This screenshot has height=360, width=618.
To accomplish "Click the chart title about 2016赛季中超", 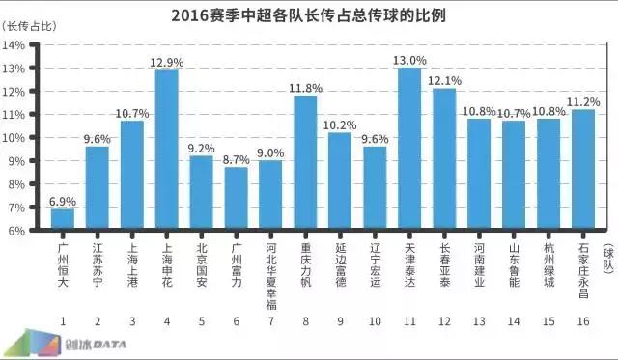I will pos(308,15).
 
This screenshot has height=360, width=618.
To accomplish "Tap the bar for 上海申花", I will pos(166,150).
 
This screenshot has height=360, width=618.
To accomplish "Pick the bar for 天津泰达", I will pos(409,149).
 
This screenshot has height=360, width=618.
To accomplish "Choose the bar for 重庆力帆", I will pos(305,162).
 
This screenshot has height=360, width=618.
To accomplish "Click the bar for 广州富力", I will pos(237,199).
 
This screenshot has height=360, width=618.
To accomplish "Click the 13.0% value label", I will pos(409,60).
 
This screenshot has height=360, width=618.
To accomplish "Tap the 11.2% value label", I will pos(584,101).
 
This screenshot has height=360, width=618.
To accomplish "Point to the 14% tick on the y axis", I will pos(17,44).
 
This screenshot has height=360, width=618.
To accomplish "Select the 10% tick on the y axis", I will pos(17,138).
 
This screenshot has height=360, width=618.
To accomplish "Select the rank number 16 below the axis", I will pos(583,319).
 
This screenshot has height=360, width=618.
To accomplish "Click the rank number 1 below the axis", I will pos(63,319).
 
